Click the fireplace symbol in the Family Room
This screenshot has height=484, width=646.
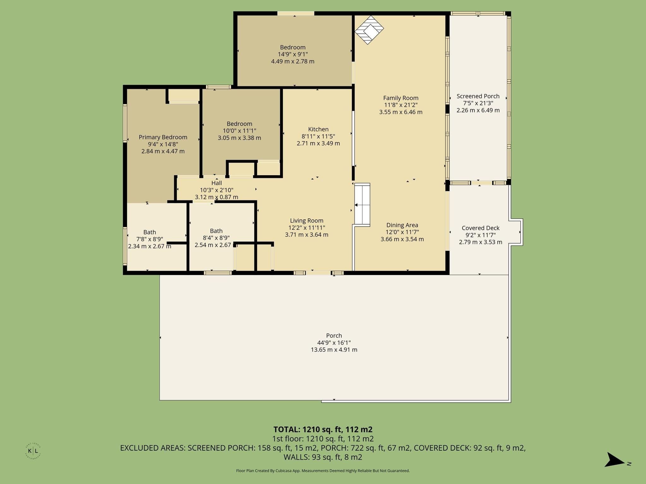[x=369, y=30]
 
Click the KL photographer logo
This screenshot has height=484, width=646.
[x=33, y=451]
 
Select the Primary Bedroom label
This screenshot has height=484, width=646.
[x=163, y=137]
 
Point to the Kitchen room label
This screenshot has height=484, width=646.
[x=318, y=129]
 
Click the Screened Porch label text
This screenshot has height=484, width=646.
[x=478, y=96]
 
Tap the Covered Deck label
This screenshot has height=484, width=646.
[x=480, y=228]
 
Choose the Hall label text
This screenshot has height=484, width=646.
[x=216, y=183]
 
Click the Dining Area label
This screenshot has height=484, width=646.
[x=402, y=225]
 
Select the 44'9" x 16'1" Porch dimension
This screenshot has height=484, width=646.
[x=334, y=343]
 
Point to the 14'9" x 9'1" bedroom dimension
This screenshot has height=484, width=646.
[x=293, y=54]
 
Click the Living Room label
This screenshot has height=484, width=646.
[x=307, y=221]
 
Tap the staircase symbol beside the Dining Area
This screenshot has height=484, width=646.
[x=362, y=205]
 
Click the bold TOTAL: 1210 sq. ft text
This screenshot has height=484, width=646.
[x=323, y=429]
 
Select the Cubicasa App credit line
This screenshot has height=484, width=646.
[x=323, y=471]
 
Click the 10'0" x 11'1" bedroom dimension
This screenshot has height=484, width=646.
[x=239, y=131]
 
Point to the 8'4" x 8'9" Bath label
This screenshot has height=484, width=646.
[x=216, y=231]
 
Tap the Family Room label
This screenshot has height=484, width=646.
[x=401, y=98]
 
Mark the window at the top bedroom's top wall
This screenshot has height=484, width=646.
[x=296, y=13]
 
